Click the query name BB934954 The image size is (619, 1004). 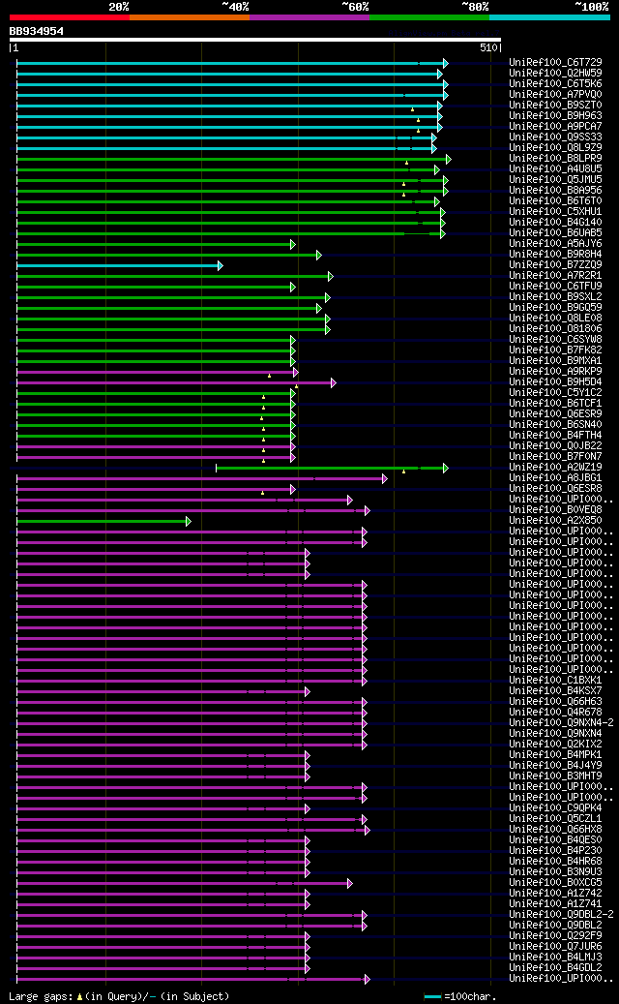[37, 31]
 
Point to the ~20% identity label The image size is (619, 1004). [119, 6]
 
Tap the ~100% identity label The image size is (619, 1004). [591, 6]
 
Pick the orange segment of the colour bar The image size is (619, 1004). [189, 16]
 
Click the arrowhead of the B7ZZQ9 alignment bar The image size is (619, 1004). [221, 264]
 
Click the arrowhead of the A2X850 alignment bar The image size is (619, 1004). [189, 521]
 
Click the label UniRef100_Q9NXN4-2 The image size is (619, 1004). [561, 722]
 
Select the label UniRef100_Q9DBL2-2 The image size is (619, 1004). [561, 914]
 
